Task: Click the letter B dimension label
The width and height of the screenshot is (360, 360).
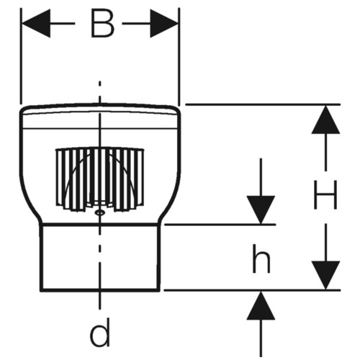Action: point(102,24)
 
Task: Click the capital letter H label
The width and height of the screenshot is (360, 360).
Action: point(325,194)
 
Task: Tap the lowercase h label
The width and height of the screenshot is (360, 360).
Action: point(261,258)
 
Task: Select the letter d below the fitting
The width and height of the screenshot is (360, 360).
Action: point(101,332)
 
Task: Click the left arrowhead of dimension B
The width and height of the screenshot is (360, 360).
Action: point(36,24)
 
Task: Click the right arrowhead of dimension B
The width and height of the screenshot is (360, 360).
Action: point(164,24)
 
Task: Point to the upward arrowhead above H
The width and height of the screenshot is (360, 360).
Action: point(325,120)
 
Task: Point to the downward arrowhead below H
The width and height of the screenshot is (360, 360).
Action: point(325,275)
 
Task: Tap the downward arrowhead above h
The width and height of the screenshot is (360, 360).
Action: point(261,210)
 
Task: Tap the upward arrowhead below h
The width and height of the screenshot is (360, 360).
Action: point(261,305)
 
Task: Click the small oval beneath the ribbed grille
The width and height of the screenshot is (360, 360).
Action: point(99,212)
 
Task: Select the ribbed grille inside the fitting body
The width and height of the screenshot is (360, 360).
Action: point(100,179)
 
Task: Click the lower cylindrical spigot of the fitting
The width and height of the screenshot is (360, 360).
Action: point(100,257)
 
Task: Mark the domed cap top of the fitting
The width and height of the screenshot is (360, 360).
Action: point(100,109)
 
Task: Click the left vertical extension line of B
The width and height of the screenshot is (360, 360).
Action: point(21,56)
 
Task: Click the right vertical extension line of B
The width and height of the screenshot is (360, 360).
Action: point(179,57)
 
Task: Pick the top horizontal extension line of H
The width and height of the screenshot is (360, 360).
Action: point(263,104)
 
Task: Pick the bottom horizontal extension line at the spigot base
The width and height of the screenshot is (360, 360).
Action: point(252,290)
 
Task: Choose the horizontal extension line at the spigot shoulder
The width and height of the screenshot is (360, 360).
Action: point(220,225)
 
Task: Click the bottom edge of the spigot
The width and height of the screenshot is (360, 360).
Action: point(100,290)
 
